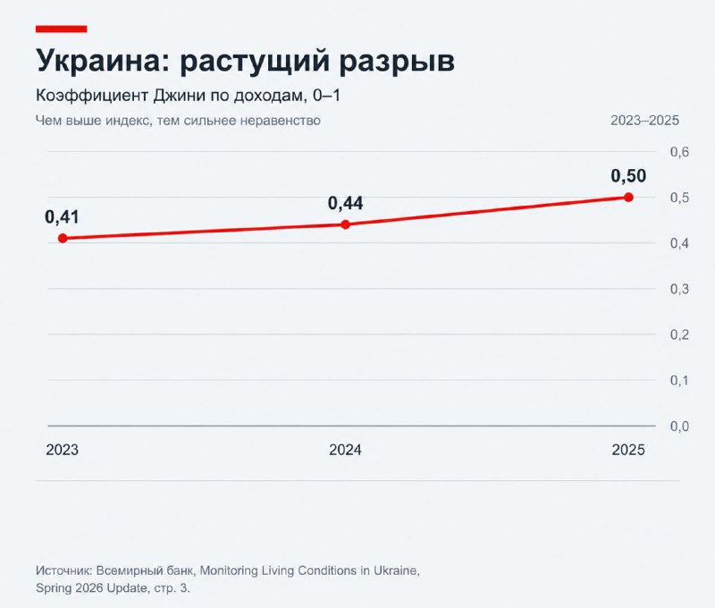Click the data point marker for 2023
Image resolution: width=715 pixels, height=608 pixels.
click(63, 238)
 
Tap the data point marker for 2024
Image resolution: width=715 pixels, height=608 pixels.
click(346, 224)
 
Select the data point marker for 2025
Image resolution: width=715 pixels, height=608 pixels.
click(628, 197)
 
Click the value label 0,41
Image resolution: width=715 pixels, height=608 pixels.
click(62, 217)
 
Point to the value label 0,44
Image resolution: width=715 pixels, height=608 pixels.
click(346, 204)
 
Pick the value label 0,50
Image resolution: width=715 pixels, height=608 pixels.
click(628, 176)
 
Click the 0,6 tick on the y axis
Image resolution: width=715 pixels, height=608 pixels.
click(679, 152)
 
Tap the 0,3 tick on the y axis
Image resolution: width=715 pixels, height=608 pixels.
click(679, 289)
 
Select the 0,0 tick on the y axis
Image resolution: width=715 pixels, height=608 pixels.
click(679, 426)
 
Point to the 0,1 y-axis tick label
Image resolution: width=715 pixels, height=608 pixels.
click(679, 380)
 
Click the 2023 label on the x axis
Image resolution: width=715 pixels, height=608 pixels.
click(63, 450)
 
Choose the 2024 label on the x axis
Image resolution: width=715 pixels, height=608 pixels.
click(345, 450)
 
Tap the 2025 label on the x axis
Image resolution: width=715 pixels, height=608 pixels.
click(628, 450)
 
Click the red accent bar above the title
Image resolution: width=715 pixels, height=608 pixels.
click(61, 30)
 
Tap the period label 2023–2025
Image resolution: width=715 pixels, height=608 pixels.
click(644, 121)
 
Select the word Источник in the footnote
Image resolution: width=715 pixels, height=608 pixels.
click(63, 570)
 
